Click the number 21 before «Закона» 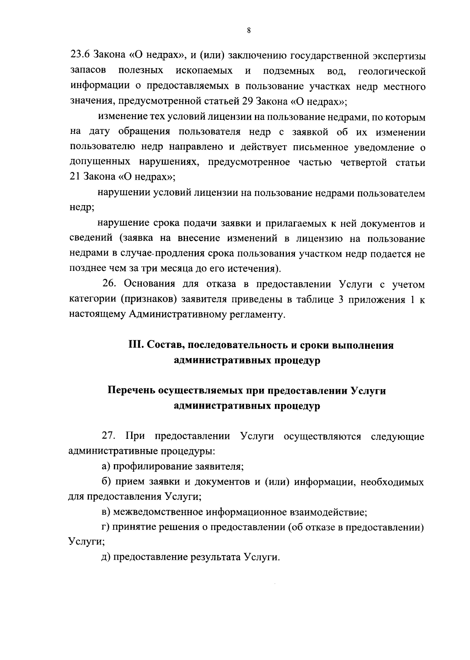coord(75,177)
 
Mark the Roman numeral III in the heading coord(136,345)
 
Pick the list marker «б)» coord(105,481)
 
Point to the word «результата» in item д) coord(214,557)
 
